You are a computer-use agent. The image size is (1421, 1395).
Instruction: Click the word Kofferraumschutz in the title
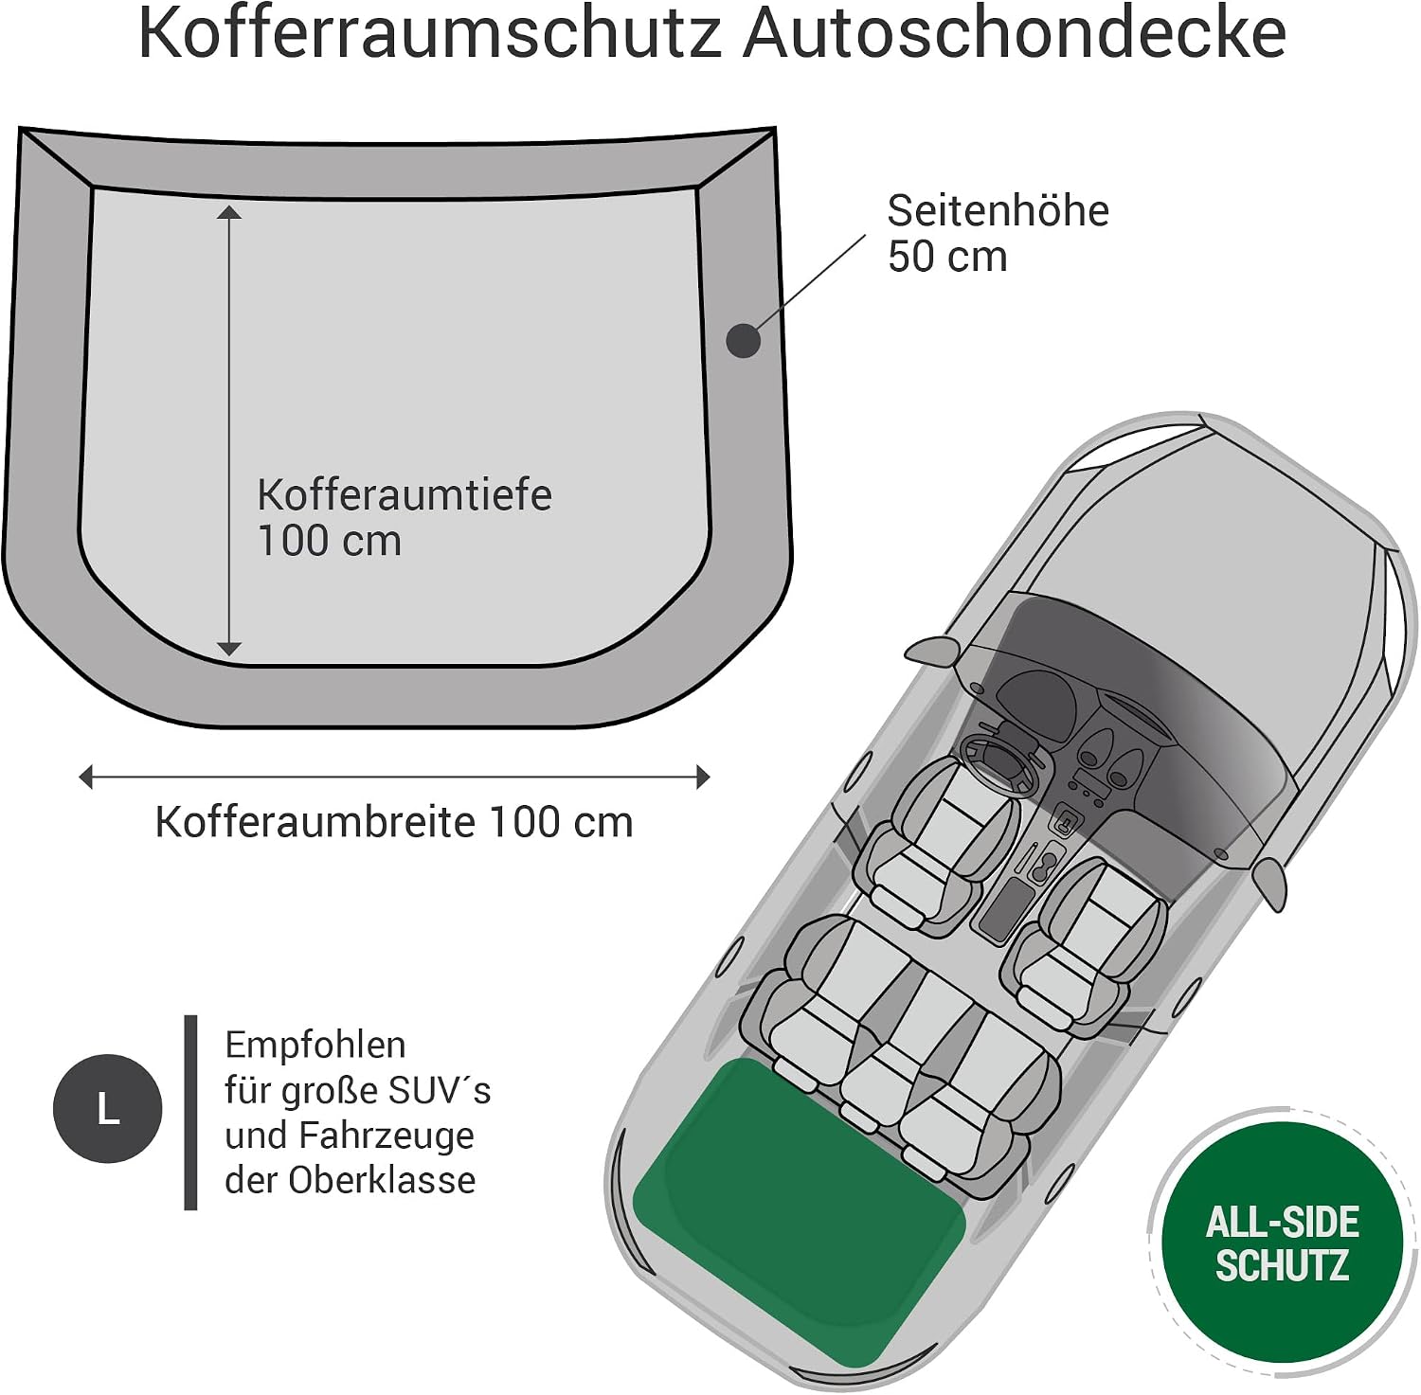pyautogui.click(x=431, y=34)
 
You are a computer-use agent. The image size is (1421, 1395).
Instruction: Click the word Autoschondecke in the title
pyautogui.click(x=1015, y=34)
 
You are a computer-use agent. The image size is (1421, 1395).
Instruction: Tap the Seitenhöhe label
pyautogui.click(x=998, y=210)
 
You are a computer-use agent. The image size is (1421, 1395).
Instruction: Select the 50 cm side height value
pyautogui.click(x=947, y=257)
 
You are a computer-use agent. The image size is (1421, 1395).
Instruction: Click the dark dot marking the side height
pyautogui.click(x=744, y=340)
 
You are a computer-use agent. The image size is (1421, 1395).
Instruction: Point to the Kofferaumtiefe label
pyautogui.click(x=405, y=494)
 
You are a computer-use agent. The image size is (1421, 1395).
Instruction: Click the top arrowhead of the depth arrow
pyautogui.click(x=229, y=211)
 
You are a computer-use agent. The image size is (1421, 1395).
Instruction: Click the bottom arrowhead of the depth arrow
pyautogui.click(x=229, y=649)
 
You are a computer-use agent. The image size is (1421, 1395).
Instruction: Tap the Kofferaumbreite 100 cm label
pyautogui.click(x=394, y=822)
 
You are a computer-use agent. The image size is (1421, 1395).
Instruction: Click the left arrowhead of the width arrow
pyautogui.click(x=86, y=778)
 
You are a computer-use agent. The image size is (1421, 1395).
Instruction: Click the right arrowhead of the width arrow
pyautogui.click(x=703, y=778)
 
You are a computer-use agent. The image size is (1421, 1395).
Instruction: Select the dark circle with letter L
pyautogui.click(x=108, y=1109)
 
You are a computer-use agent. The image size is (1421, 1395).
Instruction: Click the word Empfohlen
pyautogui.click(x=315, y=1045)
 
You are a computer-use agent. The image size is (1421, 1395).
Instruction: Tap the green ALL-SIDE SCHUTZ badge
pyautogui.click(x=1283, y=1243)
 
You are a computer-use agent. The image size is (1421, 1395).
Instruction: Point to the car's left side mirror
pyautogui.click(x=934, y=651)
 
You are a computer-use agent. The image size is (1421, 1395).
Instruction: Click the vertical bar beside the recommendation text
pyautogui.click(x=190, y=1113)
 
